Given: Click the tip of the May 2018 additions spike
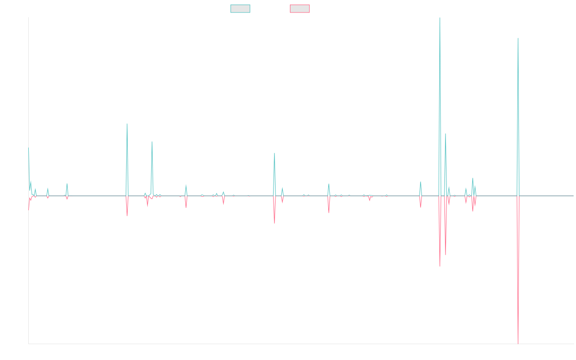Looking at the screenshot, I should tap(127, 124).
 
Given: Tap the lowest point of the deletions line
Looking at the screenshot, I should tap(518, 343).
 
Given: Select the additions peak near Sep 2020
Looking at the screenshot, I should tap(275, 153).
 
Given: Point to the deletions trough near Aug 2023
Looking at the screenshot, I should tap(440, 266).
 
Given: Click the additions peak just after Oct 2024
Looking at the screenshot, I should tap(518, 38).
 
